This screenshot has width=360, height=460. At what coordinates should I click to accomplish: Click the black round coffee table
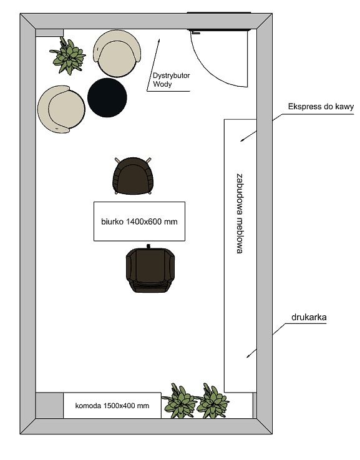[x=107, y=98]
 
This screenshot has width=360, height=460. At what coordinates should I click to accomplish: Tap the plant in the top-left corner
[x=68, y=56]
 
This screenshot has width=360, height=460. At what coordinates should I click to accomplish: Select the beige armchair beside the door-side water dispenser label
[x=117, y=54]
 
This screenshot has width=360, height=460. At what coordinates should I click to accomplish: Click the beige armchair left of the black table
[x=61, y=109]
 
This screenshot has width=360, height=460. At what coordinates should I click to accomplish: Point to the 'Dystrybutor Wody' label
[x=171, y=80]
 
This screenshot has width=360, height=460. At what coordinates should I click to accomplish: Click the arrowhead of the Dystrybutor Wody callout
[x=158, y=41]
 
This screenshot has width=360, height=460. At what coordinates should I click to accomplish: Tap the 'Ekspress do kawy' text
[x=321, y=107]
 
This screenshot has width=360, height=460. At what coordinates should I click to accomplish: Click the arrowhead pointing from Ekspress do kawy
[x=242, y=140]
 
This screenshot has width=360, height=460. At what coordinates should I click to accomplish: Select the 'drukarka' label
[x=309, y=317]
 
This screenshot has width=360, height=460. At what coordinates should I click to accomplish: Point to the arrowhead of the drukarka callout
[x=248, y=356]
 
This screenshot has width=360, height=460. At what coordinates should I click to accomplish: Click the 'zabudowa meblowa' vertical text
[x=240, y=213]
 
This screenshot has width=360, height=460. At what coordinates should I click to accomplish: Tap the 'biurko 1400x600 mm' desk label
[x=139, y=222]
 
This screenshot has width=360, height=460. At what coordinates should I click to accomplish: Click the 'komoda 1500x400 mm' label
[x=112, y=406]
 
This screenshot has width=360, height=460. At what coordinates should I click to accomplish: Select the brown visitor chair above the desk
[x=133, y=176]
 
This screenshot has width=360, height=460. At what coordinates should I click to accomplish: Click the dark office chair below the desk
[x=150, y=269]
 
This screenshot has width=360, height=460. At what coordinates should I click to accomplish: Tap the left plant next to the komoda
[x=179, y=401]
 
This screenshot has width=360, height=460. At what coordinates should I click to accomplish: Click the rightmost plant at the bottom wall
[x=212, y=401]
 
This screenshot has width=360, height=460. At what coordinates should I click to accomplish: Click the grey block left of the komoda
[x=49, y=406]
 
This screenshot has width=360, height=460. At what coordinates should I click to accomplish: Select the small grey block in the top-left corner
[x=49, y=33]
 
